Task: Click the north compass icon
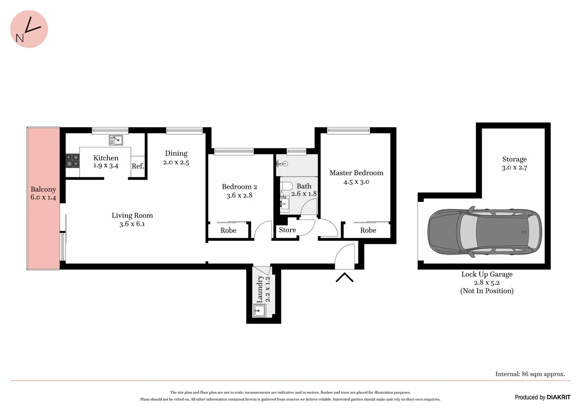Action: tap(29, 29)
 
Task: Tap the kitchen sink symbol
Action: tap(116, 140)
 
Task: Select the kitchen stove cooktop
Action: tap(72, 160)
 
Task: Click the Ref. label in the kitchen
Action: tap(138, 166)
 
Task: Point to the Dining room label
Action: tap(176, 153)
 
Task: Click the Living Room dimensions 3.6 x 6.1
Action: tap(132, 224)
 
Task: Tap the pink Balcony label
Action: tap(43, 190)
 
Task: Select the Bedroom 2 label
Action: tap(239, 187)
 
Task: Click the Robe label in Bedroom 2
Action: tap(228, 231)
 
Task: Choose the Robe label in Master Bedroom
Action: tap(368, 230)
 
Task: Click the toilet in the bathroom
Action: tap(287, 186)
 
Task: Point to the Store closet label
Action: tap(287, 230)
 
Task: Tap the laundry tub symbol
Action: tap(259, 311)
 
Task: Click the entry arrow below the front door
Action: tap(344, 277)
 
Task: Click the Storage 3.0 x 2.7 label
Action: tap(514, 163)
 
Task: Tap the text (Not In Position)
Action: tap(487, 291)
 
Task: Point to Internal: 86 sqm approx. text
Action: tap(530, 374)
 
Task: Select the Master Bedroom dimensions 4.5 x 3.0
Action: tap(356, 182)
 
